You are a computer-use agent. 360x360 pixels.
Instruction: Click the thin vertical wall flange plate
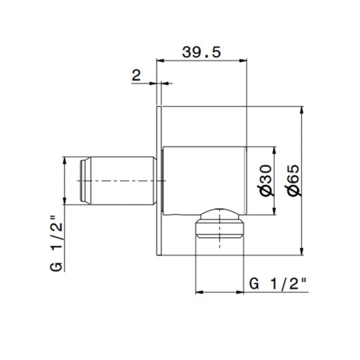pyautogui.click(x=159, y=180)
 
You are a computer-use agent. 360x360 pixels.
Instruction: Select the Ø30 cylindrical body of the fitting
pyautogui.click(x=203, y=180)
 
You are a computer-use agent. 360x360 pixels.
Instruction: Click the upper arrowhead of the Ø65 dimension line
pyautogui.click(x=301, y=110)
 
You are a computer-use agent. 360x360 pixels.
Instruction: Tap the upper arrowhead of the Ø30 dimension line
pyautogui.click(x=272, y=150)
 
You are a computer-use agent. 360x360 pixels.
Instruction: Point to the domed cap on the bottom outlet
pyautogui.click(x=219, y=215)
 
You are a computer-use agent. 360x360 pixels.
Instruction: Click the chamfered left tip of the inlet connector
pyautogui.click(x=83, y=181)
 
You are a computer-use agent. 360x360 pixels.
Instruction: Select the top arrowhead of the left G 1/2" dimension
pyautogui.click(x=65, y=161)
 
